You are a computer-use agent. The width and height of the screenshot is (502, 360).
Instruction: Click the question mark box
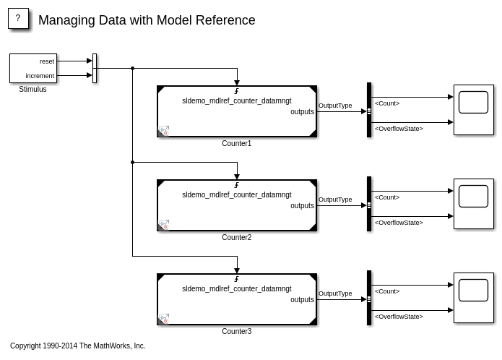(18, 19)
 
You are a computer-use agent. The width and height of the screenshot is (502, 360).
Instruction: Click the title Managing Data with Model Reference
(147, 20)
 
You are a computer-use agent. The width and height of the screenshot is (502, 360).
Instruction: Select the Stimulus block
(33, 68)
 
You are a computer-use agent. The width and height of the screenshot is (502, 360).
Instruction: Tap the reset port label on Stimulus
(47, 61)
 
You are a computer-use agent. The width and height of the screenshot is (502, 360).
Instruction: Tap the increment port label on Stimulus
(40, 76)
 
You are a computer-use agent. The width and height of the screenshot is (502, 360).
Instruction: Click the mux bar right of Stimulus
(95, 69)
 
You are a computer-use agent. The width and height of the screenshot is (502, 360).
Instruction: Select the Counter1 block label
(236, 144)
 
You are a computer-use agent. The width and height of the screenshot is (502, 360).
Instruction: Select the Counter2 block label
(236, 238)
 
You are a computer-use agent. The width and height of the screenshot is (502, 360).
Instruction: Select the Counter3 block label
(236, 332)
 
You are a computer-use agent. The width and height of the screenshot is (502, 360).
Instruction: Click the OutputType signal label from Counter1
(335, 106)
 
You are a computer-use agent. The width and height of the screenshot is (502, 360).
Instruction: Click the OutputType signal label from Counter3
(335, 293)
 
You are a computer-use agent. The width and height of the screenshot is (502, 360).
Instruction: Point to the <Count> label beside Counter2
(387, 197)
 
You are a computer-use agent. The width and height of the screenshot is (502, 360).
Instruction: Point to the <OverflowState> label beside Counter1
(399, 129)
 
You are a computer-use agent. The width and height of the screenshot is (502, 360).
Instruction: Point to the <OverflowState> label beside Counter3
(399, 317)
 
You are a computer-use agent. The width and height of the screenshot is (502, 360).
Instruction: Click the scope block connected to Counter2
(473, 203)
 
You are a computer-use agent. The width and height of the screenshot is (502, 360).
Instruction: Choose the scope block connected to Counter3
(473, 297)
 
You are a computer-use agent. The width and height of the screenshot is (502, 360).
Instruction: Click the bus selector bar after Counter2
(369, 205)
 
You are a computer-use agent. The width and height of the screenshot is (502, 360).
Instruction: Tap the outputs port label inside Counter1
(302, 112)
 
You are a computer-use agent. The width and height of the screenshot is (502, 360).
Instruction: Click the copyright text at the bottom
(77, 346)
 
